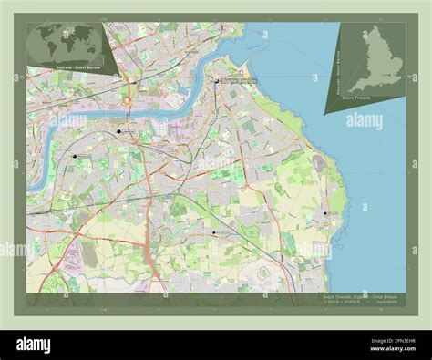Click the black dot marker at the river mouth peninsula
(x=217, y=81)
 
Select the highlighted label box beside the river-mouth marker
(x=239, y=82)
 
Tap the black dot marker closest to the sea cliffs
(x=324, y=213)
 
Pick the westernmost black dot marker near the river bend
(x=75, y=156)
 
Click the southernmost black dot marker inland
(x=213, y=232)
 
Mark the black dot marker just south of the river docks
(x=118, y=131)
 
